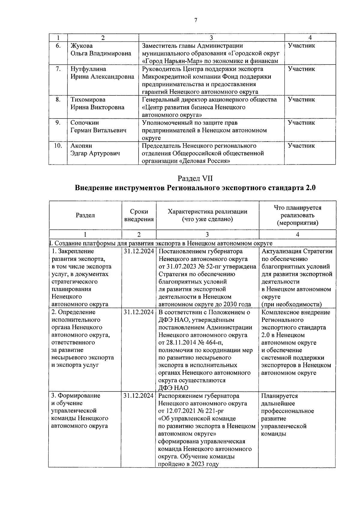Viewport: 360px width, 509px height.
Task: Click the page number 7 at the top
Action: [196, 20]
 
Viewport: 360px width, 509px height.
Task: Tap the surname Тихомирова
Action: [88, 100]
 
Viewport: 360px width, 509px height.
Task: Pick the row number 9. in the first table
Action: [58, 123]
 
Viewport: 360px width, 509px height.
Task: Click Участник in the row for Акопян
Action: [301, 146]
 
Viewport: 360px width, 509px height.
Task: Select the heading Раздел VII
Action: [195, 178]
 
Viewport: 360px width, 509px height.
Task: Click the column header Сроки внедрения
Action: [139, 215]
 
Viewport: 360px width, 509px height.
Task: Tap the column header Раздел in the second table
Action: [85, 215]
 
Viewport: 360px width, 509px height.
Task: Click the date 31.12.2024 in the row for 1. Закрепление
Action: [139, 251]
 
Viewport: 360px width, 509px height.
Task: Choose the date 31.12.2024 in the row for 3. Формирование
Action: [139, 396]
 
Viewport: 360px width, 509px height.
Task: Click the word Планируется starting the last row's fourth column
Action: [279, 396]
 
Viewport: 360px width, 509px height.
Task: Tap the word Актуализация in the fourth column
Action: [281, 251]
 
